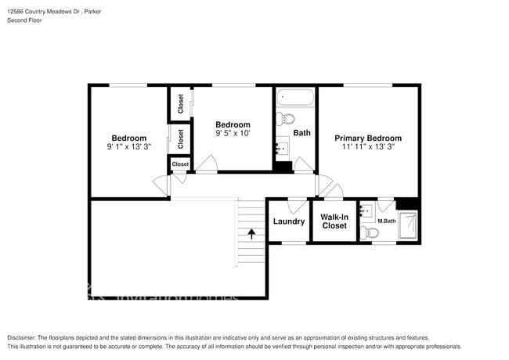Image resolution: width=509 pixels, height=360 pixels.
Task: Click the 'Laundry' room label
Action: point(288,221)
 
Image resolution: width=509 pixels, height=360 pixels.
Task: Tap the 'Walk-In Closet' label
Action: point(334,221)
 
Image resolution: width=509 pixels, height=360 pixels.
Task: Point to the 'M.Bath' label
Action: point(386,221)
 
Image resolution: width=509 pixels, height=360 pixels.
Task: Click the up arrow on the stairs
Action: point(251,232)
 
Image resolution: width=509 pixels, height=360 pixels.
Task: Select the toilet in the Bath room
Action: point(284,119)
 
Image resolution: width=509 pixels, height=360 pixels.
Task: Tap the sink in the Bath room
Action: point(282,146)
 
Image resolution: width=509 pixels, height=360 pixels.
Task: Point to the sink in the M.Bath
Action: point(366,211)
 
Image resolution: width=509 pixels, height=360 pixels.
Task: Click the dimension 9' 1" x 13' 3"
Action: point(129,146)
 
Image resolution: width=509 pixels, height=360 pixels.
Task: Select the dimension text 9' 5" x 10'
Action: point(233,134)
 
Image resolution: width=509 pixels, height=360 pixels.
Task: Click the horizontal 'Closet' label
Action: point(180,164)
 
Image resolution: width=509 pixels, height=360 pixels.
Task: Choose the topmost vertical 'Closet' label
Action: point(181,103)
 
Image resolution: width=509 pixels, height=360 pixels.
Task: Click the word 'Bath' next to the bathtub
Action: point(302,133)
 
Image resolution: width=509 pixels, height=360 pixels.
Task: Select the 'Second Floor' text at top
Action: point(25,20)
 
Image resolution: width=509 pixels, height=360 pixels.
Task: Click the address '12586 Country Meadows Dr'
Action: point(45,12)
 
